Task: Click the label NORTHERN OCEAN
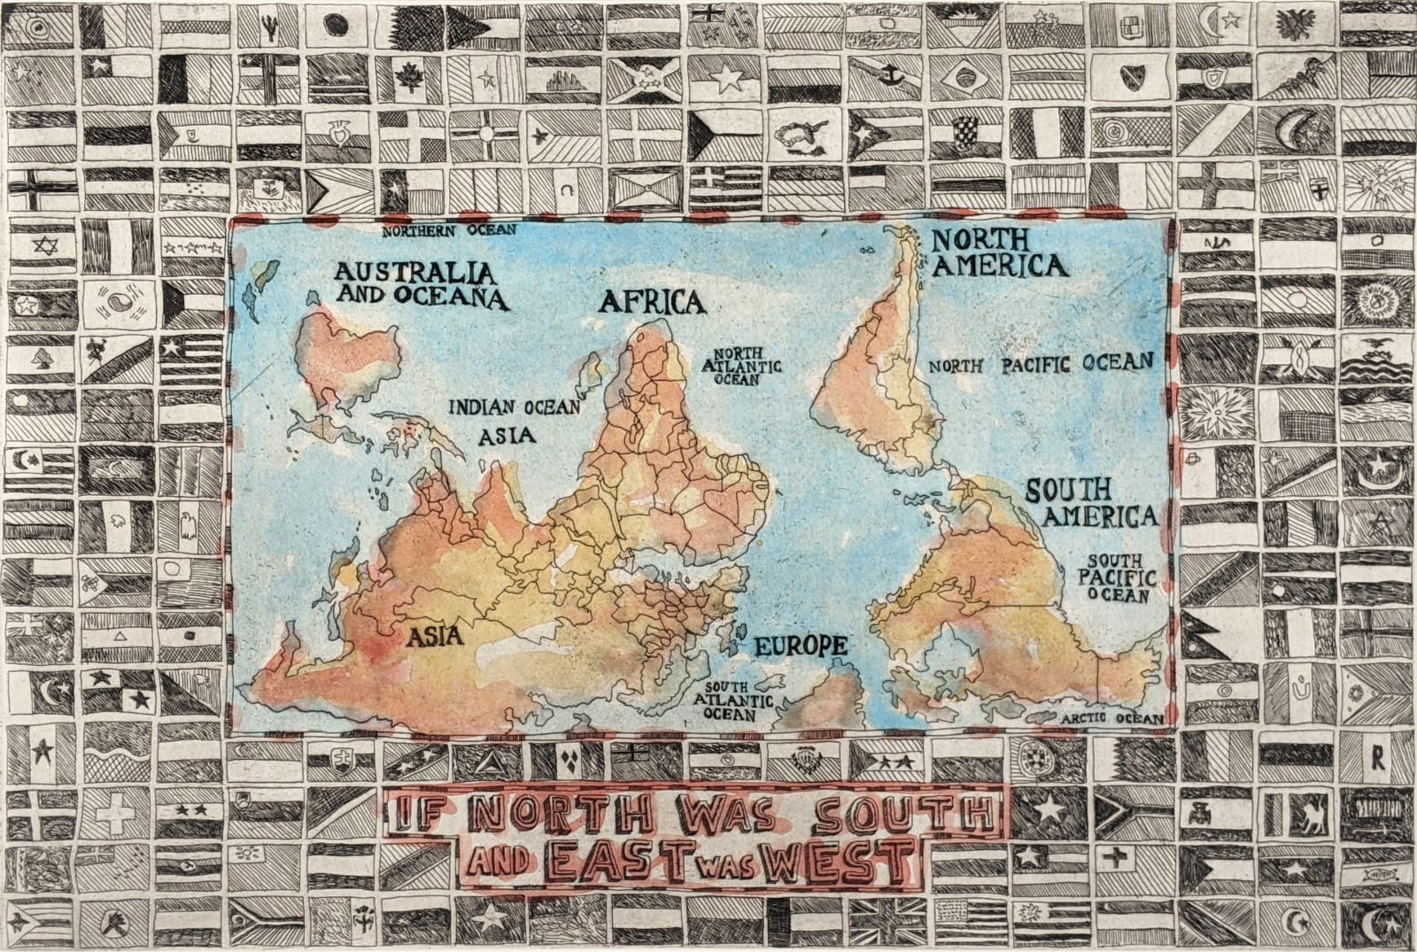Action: coord(448,230)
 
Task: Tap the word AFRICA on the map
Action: coord(653,303)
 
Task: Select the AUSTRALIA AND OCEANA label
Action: coord(421,283)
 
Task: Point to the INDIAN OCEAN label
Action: coord(515,407)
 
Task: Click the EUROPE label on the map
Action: coord(800,646)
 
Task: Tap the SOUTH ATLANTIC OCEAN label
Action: coord(737,700)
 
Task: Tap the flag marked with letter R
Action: coord(1377,758)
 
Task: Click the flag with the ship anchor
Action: coord(888,78)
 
